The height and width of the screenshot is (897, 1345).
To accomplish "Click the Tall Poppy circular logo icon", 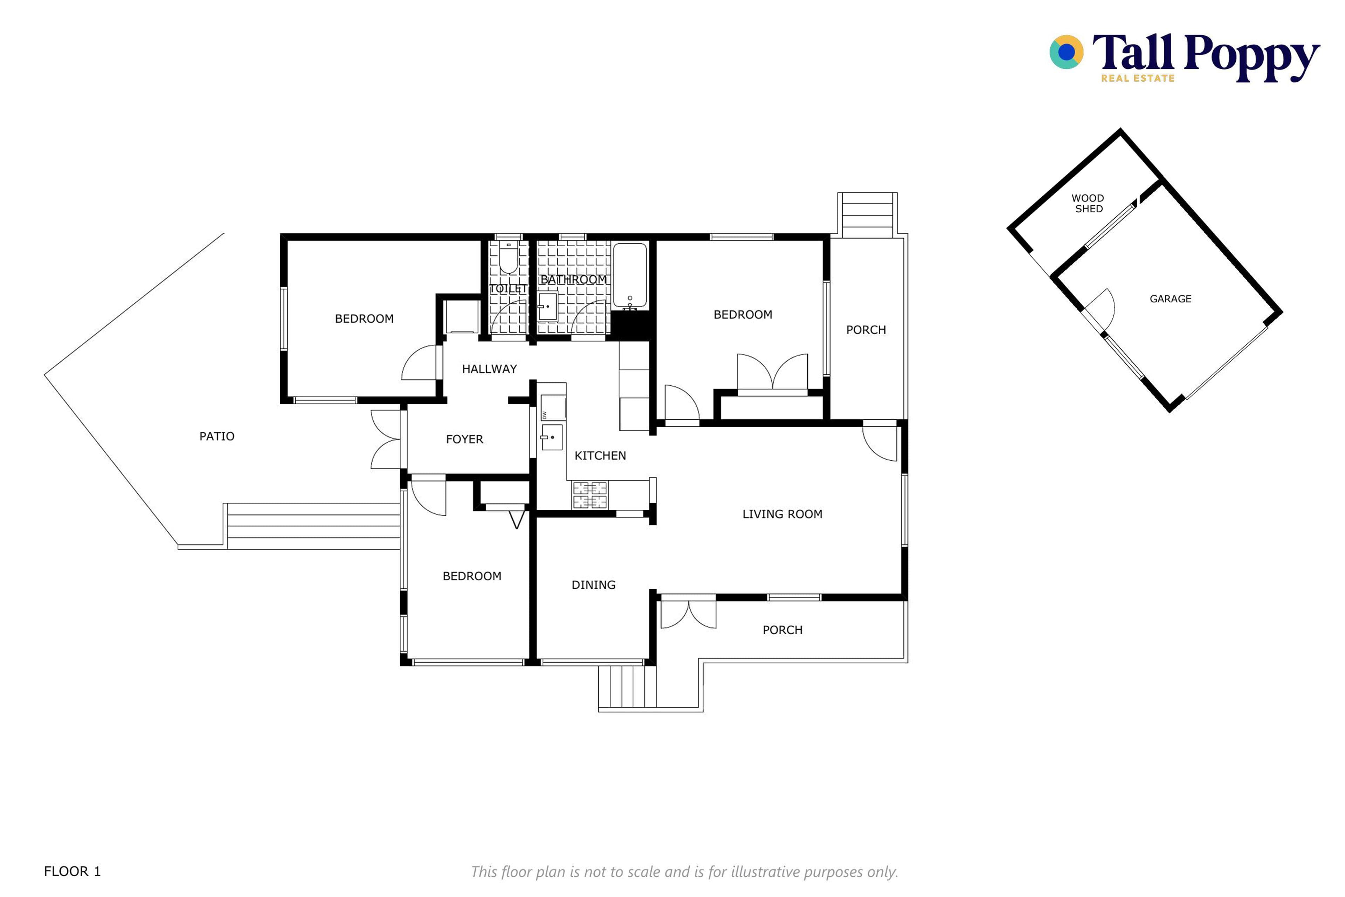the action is click(x=1067, y=52).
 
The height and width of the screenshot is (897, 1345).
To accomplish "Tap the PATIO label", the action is click(x=217, y=437).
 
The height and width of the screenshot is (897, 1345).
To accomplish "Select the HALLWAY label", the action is click(x=490, y=369).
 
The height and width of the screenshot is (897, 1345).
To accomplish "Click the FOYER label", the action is click(x=464, y=439).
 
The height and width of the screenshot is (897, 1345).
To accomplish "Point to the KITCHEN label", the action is click(x=600, y=456).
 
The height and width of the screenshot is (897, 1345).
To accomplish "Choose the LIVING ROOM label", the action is click(x=782, y=514).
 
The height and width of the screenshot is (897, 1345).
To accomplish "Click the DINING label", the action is click(x=594, y=585).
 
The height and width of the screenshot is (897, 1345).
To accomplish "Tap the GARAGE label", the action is click(x=1171, y=299).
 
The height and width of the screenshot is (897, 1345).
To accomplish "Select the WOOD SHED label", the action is click(x=1088, y=204).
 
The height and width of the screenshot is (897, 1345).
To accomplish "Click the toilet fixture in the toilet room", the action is click(x=508, y=258).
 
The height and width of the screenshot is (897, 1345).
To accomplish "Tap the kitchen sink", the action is click(x=552, y=437).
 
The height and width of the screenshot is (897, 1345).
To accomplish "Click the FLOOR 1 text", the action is click(x=72, y=871).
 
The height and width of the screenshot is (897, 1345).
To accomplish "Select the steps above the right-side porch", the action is click(x=867, y=214).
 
